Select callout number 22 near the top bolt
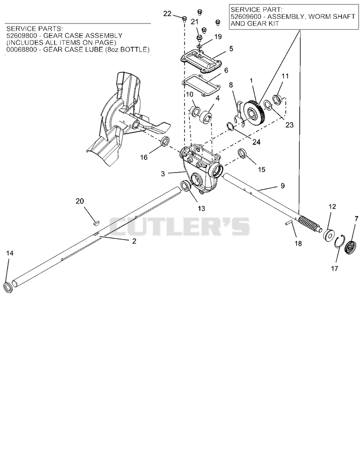point(167,13)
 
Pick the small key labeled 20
point(96,223)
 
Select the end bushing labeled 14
point(8,287)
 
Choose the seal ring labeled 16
point(165,141)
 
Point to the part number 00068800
point(21,49)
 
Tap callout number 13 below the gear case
point(201,208)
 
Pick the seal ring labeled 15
point(242,153)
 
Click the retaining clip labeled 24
point(230,126)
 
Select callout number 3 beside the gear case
point(163,174)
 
